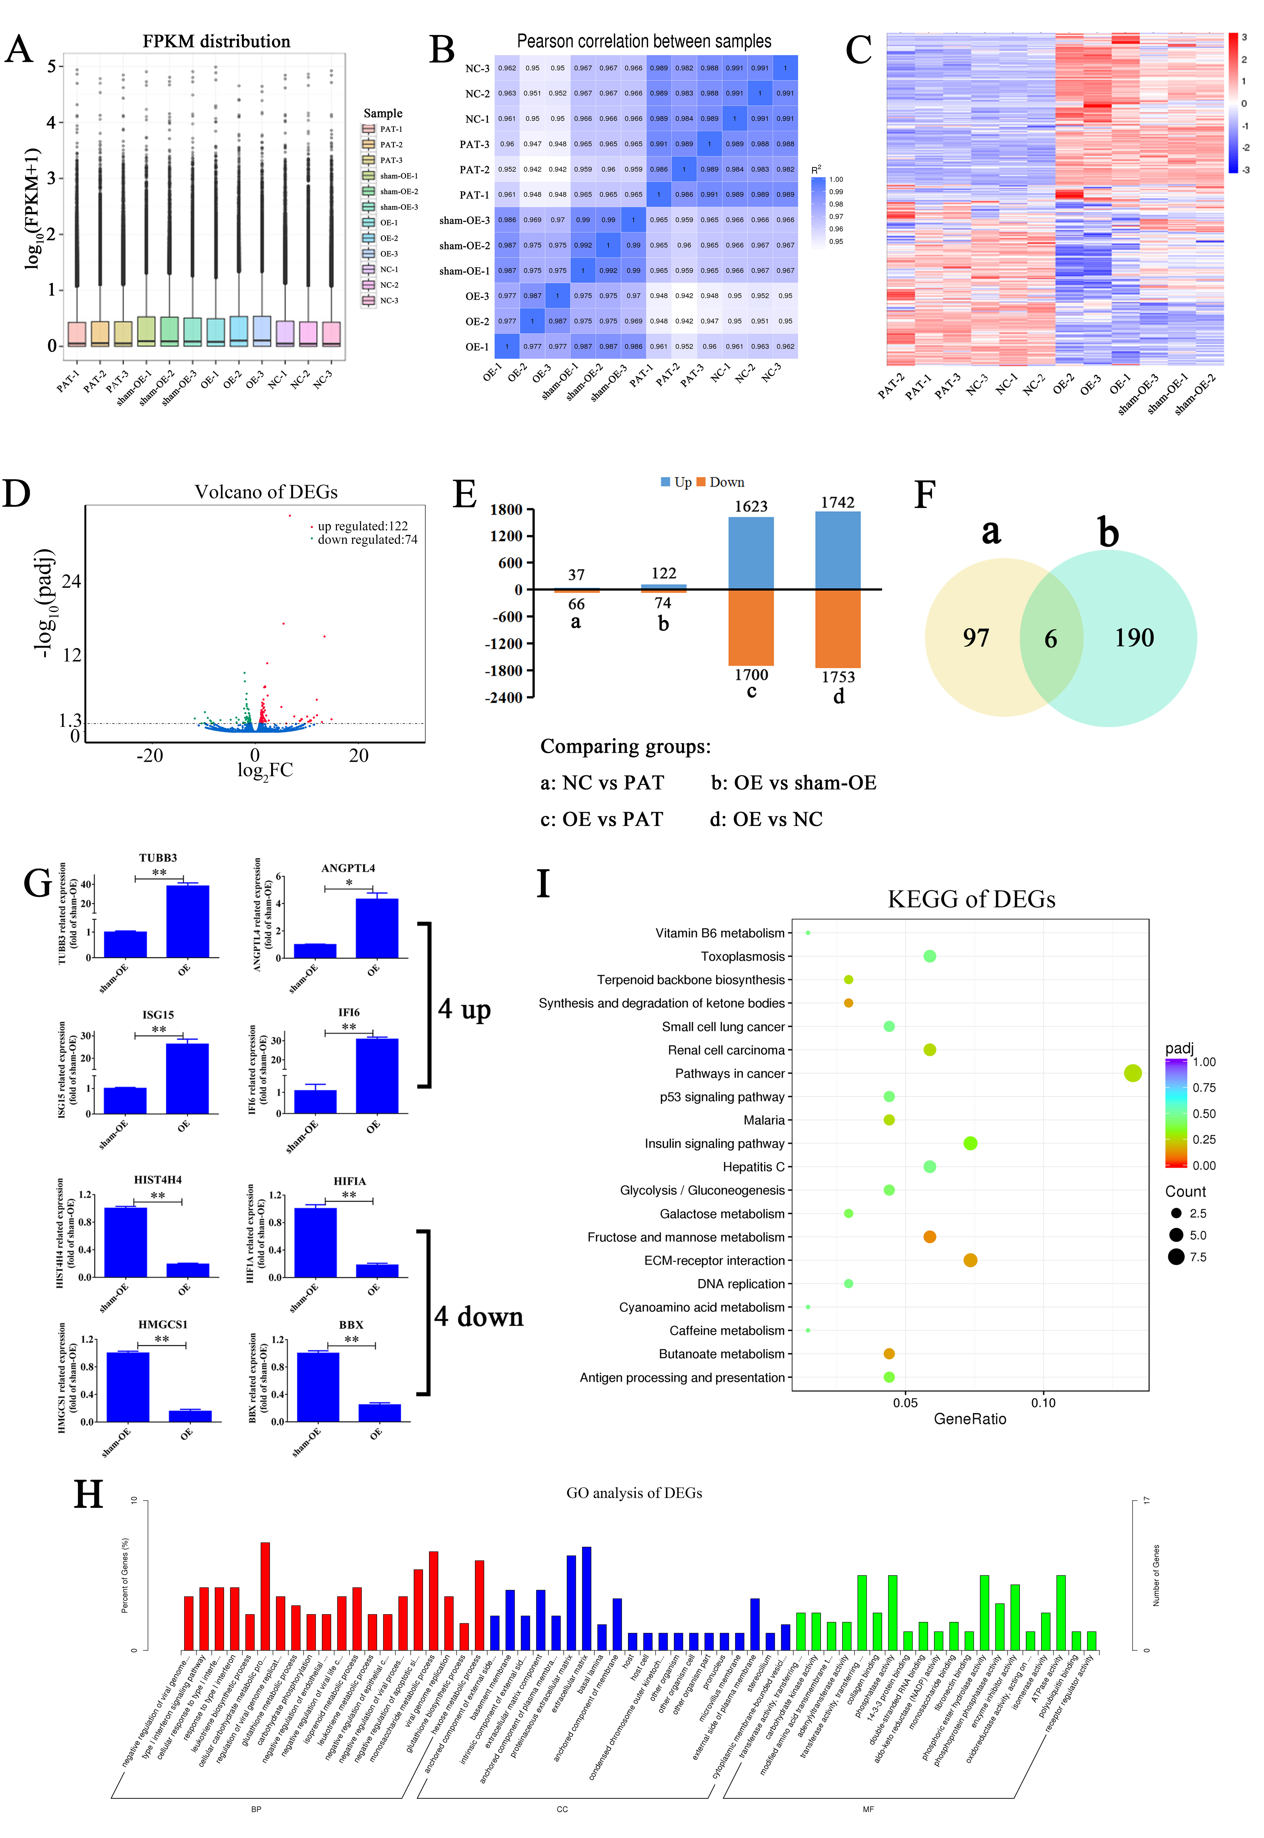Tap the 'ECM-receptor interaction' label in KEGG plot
pyautogui.click(x=714, y=1260)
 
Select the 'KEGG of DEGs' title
pyautogui.click(x=971, y=899)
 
